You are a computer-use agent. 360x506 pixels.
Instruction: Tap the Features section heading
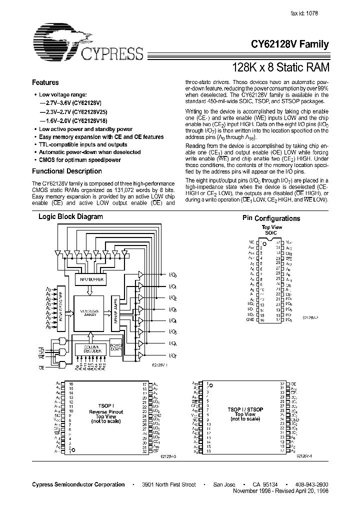point(45,82)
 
